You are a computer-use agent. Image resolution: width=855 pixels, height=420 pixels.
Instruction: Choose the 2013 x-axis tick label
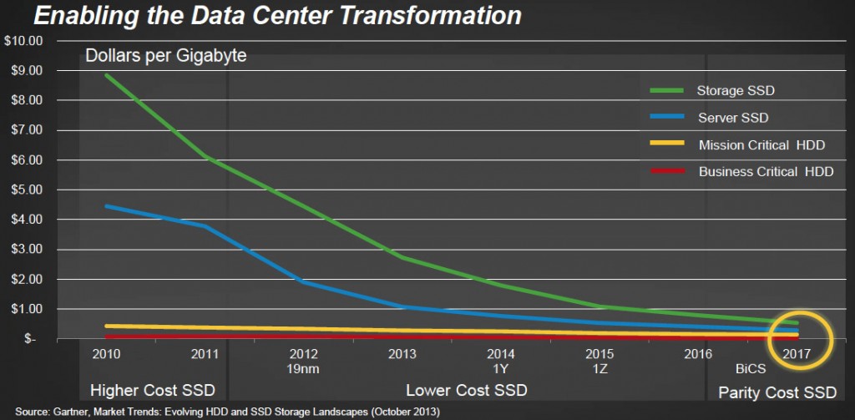pos(402,354)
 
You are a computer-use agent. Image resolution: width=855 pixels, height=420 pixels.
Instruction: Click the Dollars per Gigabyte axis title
pos(165,57)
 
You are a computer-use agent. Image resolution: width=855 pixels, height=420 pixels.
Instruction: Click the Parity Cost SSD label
pos(776,390)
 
